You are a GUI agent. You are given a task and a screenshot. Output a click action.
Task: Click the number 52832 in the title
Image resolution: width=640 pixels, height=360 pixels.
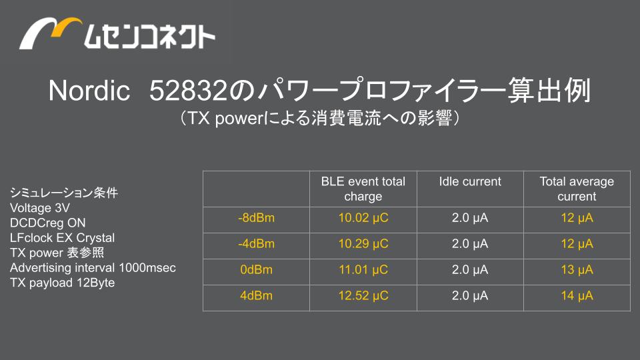[x=187, y=90]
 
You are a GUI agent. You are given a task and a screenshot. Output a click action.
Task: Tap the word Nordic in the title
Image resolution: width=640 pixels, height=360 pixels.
[x=89, y=90]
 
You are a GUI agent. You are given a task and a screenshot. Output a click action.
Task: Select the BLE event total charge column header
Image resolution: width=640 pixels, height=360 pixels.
[x=363, y=189]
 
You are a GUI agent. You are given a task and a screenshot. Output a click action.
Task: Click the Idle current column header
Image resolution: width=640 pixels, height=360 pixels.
[x=470, y=181]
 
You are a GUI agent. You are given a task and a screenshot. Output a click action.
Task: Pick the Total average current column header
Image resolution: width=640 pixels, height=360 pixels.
[x=577, y=189]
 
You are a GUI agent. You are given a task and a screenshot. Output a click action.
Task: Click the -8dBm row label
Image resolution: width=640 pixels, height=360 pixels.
[x=256, y=218]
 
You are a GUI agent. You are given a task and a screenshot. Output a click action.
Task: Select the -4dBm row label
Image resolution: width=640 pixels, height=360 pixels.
[x=256, y=244]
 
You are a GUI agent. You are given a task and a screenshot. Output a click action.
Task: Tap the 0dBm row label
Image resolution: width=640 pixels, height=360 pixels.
[x=256, y=270]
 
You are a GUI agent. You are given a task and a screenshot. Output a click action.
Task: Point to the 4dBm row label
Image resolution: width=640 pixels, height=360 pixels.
[x=256, y=295]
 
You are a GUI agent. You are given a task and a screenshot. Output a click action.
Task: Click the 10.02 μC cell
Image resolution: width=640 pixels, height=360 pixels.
[x=363, y=218]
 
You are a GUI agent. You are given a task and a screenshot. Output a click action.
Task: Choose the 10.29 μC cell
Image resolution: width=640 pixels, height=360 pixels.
[x=363, y=244]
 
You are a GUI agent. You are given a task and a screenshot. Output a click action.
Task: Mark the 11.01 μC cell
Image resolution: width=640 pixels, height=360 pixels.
[x=363, y=270]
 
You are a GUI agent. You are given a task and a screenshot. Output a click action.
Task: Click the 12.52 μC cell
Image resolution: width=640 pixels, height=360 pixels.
[x=363, y=295]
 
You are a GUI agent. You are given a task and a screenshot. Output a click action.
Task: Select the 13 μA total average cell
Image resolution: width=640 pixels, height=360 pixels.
[x=577, y=270]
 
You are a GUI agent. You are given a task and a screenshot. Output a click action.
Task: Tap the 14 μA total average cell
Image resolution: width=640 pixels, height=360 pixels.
[x=577, y=295]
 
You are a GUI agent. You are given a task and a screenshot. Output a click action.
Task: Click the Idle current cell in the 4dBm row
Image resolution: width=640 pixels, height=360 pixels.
[x=470, y=295]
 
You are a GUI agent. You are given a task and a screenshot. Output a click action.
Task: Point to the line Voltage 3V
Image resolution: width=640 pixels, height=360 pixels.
[x=39, y=208]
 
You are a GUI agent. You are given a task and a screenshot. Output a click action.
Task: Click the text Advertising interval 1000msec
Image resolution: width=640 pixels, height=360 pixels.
[x=93, y=268]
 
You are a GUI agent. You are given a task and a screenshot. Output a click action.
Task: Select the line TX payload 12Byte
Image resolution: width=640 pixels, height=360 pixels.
[x=62, y=283]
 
